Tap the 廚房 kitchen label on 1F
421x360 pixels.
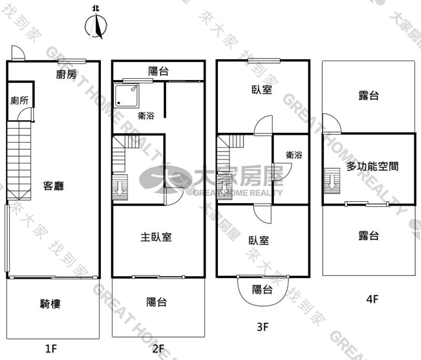[x=66, y=74]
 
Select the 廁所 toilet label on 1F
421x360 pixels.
[x=20, y=100]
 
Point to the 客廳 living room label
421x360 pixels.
[x=54, y=186]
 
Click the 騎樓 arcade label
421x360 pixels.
[x=50, y=304]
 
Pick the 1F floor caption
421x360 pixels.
[x=51, y=349]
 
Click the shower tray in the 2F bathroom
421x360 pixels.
[x=126, y=96]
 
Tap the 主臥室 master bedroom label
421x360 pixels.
[x=156, y=237]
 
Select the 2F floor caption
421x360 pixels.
[x=158, y=349]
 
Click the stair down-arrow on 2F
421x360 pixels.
[x=119, y=187]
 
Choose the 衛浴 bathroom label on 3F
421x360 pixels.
[x=293, y=155]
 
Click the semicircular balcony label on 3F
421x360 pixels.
[x=262, y=290]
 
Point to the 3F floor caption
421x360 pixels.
[x=263, y=327]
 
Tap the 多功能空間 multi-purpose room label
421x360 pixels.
[x=372, y=167]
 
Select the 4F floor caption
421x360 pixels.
[x=372, y=299]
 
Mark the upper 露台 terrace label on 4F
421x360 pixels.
[x=369, y=96]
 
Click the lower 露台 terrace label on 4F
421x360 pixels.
[x=369, y=236]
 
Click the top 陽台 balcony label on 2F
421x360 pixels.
[x=158, y=71]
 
